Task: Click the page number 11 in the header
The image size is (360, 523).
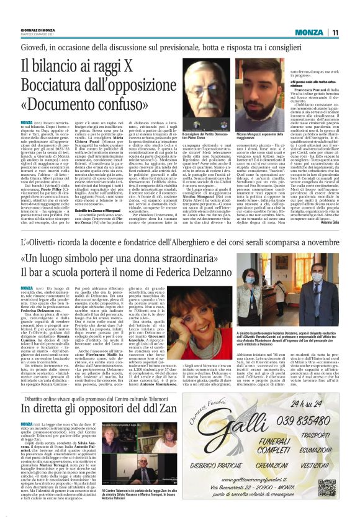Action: point(335,32)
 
